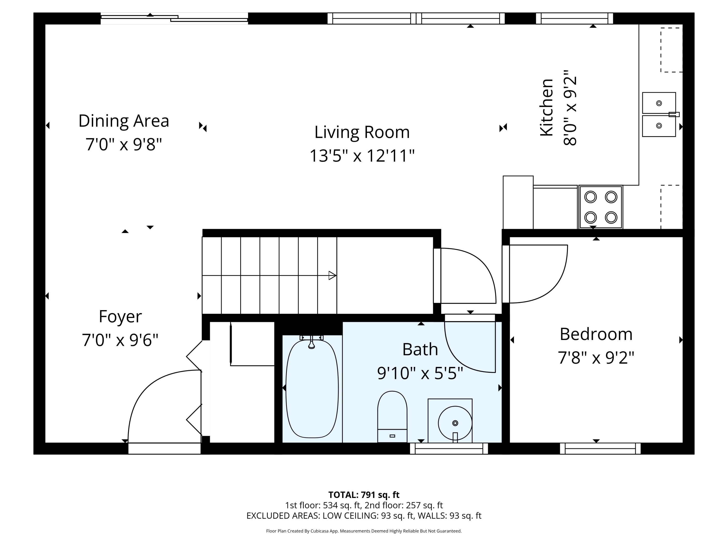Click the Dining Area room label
tap(124, 121)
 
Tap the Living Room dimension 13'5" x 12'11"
tap(362, 156)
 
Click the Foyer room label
tap(120, 317)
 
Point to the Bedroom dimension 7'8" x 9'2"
tap(596, 358)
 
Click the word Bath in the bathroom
tap(420, 349)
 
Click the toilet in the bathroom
tap(392, 417)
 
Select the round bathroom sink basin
tap(455, 423)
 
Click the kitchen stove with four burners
tap(601, 207)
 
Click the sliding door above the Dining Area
tap(174, 18)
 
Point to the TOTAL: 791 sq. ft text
tap(364, 495)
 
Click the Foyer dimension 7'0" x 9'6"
tap(120, 340)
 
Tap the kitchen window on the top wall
tap(575, 18)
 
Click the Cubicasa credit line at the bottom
tap(364, 531)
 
